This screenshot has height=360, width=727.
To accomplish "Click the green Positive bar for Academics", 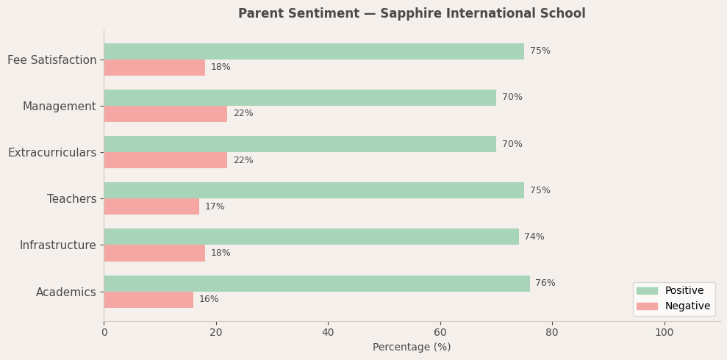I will pyautogui.click(x=316, y=284).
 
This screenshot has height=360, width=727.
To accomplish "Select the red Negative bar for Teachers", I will pyautogui.click(x=151, y=206).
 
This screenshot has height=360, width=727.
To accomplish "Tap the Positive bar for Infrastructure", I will pyautogui.click(x=311, y=237).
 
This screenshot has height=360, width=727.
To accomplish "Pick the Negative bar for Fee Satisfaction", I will pyautogui.click(x=154, y=68).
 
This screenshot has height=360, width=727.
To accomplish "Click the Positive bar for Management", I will pyautogui.click(x=300, y=98).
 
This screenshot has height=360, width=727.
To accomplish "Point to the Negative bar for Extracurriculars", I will pyautogui.click(x=165, y=160).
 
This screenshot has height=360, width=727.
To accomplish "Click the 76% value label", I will pyautogui.click(x=545, y=284).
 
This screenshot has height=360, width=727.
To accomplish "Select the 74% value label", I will pyautogui.click(x=534, y=237).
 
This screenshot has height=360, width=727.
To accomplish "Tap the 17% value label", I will pyautogui.click(x=215, y=206).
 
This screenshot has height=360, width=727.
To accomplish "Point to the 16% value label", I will pyautogui.click(x=209, y=300).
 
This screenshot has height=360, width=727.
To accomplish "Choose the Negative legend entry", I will pyautogui.click(x=687, y=306).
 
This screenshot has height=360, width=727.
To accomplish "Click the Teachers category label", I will pyautogui.click(x=71, y=199).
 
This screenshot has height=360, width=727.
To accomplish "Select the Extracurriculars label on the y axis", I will pyautogui.click(x=52, y=153).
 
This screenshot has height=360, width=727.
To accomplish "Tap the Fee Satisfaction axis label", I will pyautogui.click(x=52, y=60).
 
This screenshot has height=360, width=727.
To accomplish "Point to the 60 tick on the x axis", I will pyautogui.click(x=440, y=332).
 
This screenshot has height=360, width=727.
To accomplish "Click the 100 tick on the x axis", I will pyautogui.click(x=665, y=332).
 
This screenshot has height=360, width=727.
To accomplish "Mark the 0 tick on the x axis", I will pyautogui.click(x=104, y=332).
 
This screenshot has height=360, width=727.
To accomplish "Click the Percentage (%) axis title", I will pyautogui.click(x=412, y=348).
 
